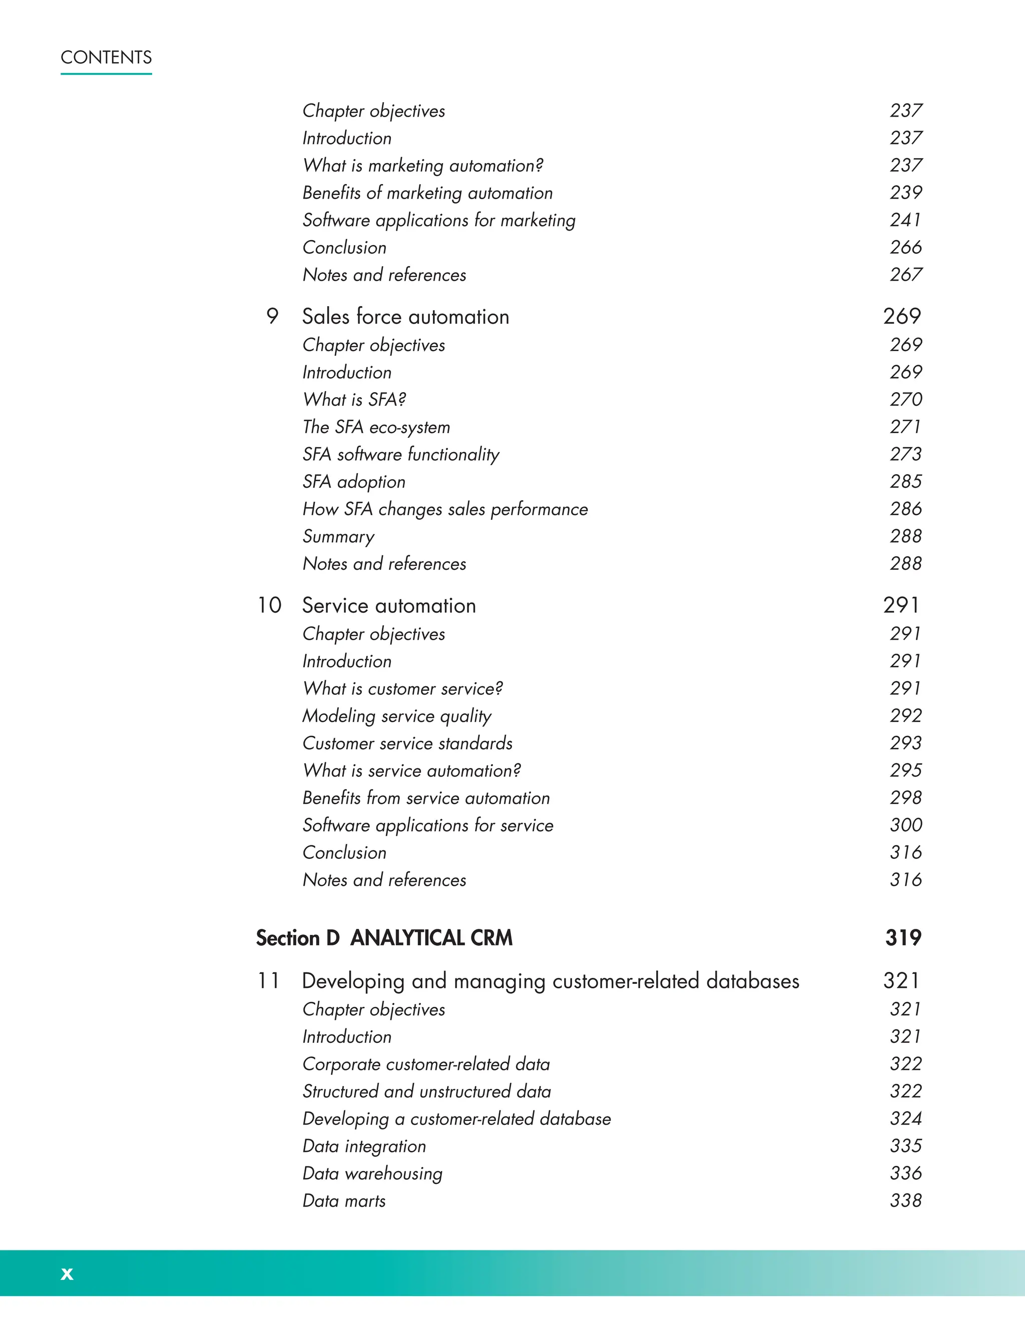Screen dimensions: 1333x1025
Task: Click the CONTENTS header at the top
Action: tap(106, 58)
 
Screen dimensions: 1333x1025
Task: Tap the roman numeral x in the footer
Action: tap(67, 1273)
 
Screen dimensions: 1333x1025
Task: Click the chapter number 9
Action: tap(272, 317)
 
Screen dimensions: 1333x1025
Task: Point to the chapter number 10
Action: tap(269, 606)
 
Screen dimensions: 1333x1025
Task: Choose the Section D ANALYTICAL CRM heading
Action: tap(384, 938)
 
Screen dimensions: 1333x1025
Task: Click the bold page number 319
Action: tap(903, 938)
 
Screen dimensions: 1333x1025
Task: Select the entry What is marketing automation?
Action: tap(422, 165)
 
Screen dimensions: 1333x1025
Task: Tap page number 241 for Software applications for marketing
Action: tap(905, 220)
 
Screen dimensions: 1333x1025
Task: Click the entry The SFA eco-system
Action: tap(376, 427)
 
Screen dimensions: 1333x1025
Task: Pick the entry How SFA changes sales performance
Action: tap(445, 509)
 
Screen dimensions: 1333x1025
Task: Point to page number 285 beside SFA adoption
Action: tap(905, 482)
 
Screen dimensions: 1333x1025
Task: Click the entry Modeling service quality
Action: tap(396, 716)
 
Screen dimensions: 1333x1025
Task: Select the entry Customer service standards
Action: tap(407, 743)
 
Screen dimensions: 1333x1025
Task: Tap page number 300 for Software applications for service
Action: tap(905, 825)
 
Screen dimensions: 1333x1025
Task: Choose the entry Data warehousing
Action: tap(372, 1174)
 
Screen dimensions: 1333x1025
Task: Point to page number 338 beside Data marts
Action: tap(905, 1200)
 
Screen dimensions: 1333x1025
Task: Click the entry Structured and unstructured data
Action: tap(426, 1091)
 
